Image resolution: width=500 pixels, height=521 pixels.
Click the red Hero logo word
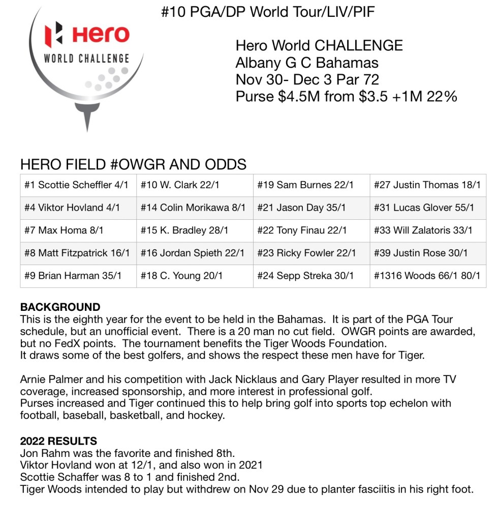101,34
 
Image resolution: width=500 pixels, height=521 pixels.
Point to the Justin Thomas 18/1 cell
427,185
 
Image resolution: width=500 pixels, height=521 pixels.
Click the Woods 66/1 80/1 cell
427,276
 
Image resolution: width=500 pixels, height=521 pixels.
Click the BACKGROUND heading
60,307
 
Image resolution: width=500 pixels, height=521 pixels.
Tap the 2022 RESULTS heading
58,441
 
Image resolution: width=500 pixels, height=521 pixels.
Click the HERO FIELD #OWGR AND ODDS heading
133,164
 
